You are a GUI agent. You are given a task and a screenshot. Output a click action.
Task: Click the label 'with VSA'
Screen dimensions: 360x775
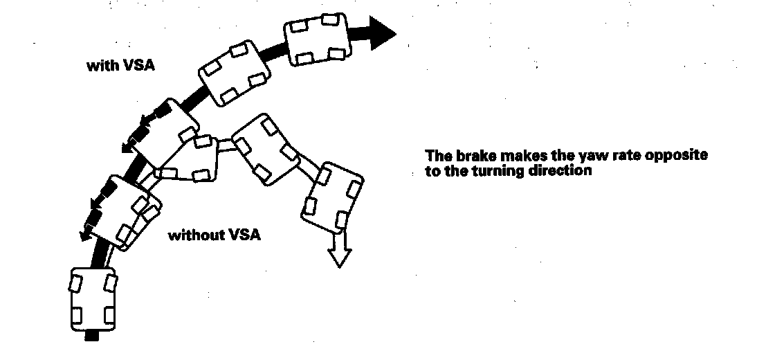coord(120,66)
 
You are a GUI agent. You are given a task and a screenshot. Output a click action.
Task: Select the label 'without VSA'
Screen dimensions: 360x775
coord(215,235)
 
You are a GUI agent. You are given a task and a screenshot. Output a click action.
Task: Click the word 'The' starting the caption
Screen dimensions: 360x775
coord(437,155)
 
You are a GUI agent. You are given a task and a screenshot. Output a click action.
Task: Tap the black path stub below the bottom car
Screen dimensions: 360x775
coord(92,338)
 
